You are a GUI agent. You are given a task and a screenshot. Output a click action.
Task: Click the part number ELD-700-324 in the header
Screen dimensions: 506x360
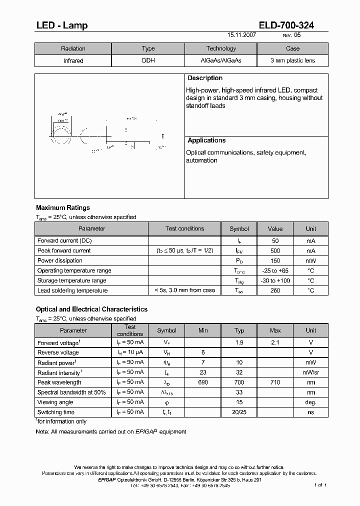(x=286, y=25)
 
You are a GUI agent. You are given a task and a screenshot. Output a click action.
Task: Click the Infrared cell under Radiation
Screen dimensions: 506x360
(x=73, y=61)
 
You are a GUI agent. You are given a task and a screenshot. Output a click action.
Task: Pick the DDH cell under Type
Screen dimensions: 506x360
(x=148, y=61)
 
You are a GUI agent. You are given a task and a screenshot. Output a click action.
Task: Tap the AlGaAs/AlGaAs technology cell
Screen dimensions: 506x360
(x=220, y=61)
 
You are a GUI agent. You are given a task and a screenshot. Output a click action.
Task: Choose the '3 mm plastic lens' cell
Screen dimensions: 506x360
(x=292, y=61)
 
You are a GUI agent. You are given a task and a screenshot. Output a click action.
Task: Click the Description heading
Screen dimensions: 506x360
(x=205, y=78)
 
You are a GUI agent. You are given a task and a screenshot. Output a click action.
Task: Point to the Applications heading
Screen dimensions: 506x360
(x=206, y=141)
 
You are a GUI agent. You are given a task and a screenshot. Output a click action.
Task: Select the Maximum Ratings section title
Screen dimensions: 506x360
(x=63, y=208)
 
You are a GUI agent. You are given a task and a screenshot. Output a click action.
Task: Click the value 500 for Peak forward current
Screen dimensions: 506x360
(x=275, y=251)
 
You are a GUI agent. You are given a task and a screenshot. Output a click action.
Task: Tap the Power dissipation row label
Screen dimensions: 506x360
(x=60, y=261)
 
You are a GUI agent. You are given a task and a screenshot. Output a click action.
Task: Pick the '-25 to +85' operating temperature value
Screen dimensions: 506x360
(x=275, y=271)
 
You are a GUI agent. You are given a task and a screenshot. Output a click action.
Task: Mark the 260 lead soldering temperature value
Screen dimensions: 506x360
(x=275, y=290)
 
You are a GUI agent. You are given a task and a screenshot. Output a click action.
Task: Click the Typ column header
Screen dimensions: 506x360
(x=239, y=330)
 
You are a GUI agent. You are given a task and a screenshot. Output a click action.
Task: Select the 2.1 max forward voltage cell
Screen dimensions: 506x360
(x=275, y=343)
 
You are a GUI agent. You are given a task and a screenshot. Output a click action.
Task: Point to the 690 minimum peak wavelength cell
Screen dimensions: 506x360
(x=203, y=382)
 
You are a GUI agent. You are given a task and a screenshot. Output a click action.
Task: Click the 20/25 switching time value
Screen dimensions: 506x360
(x=239, y=412)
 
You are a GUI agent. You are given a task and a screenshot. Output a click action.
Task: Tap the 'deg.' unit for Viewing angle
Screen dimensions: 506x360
(x=311, y=402)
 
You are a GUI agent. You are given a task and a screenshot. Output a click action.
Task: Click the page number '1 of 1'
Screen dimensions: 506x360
(x=320, y=485)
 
